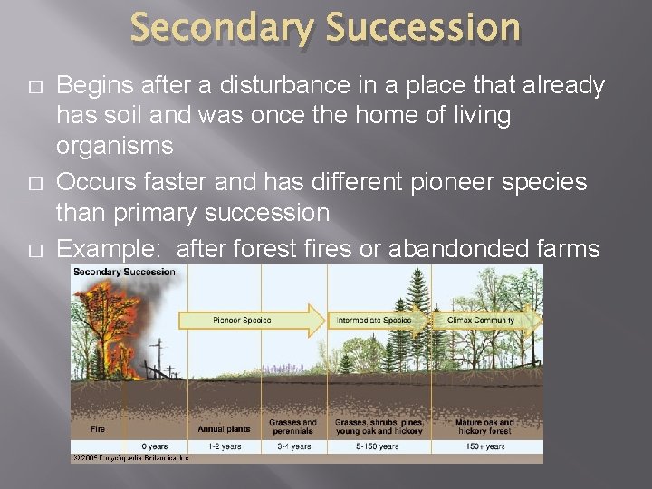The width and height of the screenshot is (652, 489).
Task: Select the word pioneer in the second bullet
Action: click(x=465, y=183)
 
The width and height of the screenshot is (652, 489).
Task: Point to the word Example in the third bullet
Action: click(x=109, y=248)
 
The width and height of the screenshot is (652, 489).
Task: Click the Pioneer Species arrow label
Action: click(x=242, y=320)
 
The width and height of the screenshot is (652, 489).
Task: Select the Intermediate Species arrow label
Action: click(x=373, y=320)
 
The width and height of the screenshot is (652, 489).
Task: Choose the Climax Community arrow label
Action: click(x=480, y=320)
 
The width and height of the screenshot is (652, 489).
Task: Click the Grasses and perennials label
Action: click(x=292, y=426)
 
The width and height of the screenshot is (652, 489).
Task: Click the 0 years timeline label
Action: click(x=155, y=446)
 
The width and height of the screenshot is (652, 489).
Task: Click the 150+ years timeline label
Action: click(x=480, y=446)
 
